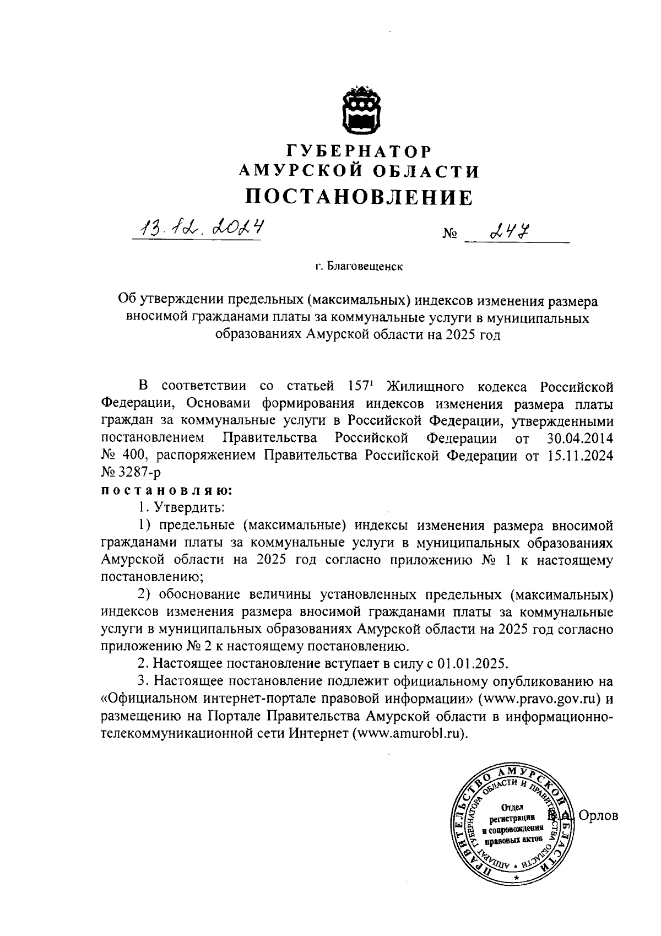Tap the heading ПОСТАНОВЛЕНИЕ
(x=359, y=196)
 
